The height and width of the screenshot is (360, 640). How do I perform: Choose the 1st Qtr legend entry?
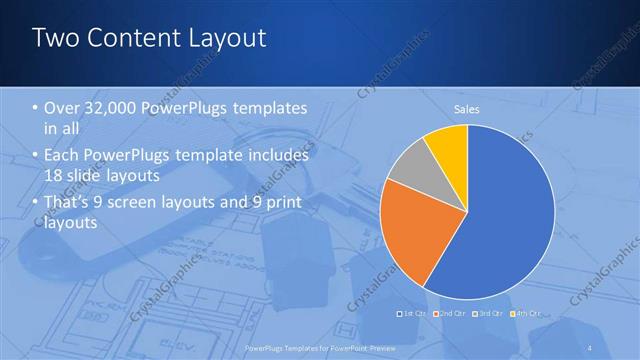[411, 313]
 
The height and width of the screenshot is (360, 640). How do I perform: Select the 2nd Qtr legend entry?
[446, 313]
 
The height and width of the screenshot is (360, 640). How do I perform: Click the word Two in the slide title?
[55, 38]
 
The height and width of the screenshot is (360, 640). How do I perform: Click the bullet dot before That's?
[36, 205]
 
